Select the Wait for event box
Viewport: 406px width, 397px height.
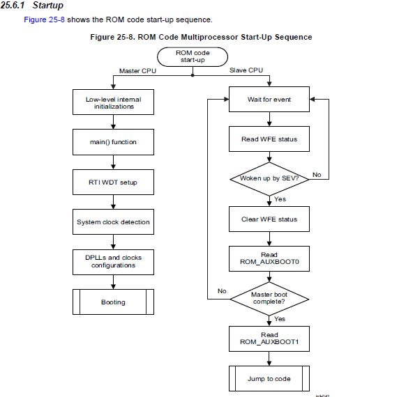[x=269, y=100]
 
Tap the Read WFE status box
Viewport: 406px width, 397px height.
[x=269, y=139]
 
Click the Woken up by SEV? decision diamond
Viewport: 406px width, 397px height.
[x=269, y=178]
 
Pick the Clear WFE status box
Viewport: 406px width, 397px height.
[x=269, y=219]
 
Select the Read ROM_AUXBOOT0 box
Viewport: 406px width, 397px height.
[x=269, y=259]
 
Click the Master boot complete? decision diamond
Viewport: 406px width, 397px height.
[x=269, y=299]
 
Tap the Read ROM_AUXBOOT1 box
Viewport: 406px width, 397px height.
[x=269, y=338]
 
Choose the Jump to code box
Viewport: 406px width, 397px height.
[x=269, y=379]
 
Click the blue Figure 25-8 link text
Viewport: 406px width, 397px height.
[x=45, y=20]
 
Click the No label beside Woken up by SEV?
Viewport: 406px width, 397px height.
[x=316, y=175]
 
